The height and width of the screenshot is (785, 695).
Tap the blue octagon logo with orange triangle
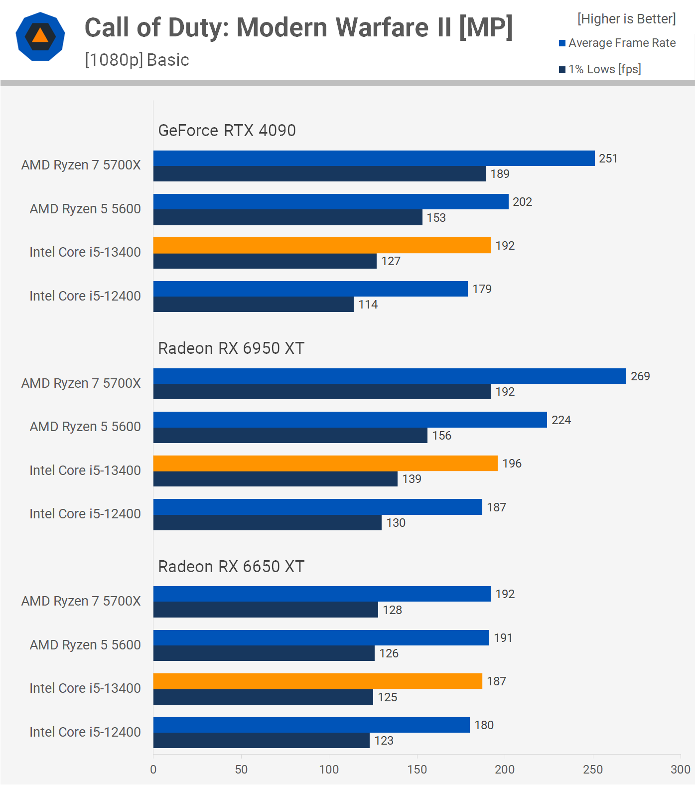40,36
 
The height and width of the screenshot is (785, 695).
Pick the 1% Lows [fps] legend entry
600,69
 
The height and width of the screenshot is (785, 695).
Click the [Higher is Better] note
626,19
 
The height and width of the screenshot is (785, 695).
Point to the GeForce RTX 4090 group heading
227,131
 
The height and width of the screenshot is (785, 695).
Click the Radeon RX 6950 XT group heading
231,348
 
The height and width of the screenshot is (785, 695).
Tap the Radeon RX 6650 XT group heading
231,567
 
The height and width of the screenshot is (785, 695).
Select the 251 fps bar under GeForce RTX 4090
374,158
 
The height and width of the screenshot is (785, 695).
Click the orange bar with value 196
325,464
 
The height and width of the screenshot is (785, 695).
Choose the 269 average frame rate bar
390,376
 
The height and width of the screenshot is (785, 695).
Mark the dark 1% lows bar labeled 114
253,305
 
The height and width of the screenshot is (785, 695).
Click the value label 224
561,420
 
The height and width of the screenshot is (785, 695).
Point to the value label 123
384,741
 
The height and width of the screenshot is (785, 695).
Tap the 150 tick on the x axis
417,770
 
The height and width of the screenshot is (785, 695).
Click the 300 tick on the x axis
680,770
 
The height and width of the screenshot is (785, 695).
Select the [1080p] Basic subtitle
137,60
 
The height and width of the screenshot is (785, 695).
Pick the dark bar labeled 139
275,479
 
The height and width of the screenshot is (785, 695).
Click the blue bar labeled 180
311,725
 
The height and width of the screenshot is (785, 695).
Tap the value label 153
436,218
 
